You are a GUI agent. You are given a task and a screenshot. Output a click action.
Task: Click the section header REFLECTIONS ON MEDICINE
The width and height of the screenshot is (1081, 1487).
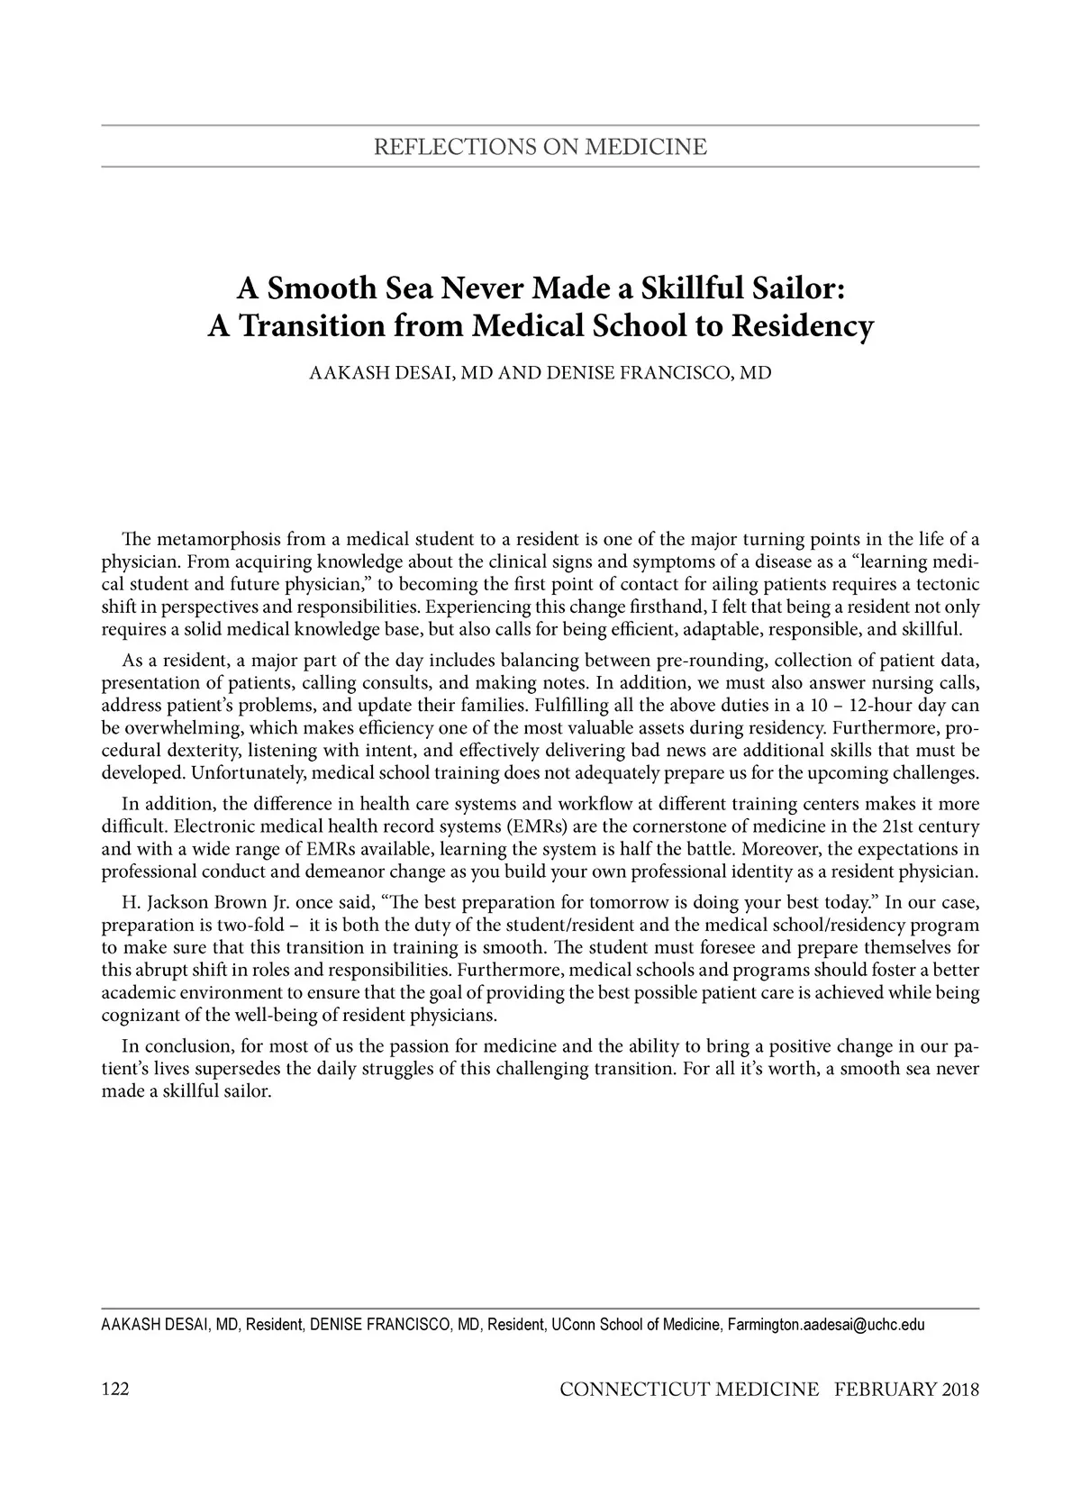(540, 146)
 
